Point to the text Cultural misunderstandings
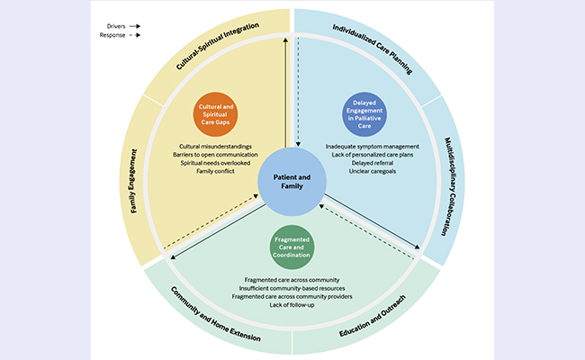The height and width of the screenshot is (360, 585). point(214,146)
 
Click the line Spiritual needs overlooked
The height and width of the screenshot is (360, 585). point(214,163)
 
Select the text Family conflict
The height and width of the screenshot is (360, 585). point(214,171)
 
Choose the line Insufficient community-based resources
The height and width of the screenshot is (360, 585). point(292,287)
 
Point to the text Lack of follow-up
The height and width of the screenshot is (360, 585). point(292,305)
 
